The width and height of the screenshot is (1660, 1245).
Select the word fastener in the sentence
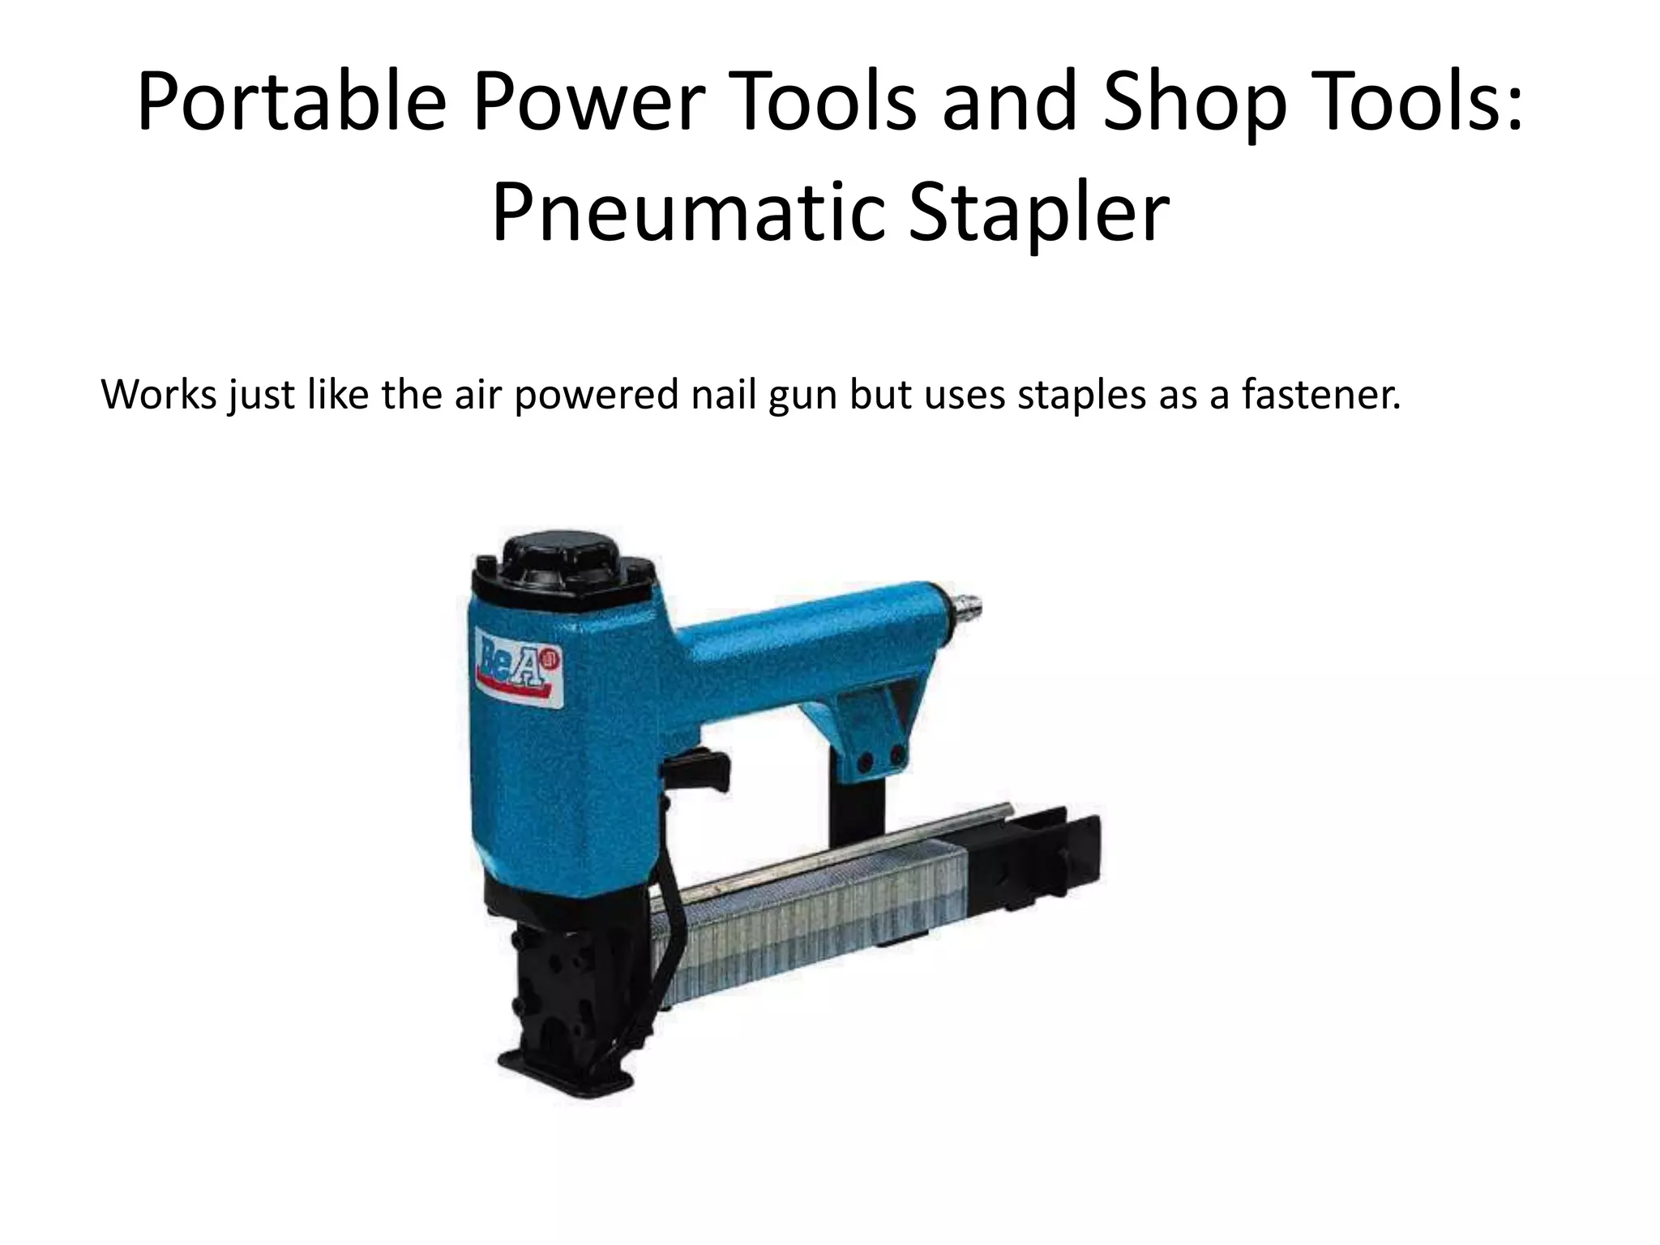1322,396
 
